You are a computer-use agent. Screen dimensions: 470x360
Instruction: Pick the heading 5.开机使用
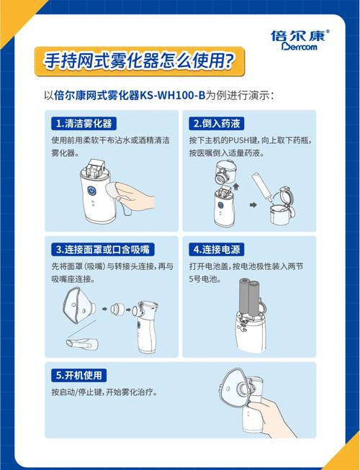pos(81,375)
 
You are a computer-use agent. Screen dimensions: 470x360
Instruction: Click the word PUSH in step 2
pos(249,139)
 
